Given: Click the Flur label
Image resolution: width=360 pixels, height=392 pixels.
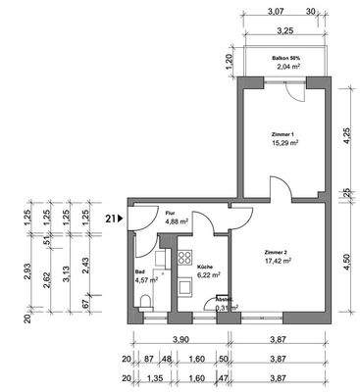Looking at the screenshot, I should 170,211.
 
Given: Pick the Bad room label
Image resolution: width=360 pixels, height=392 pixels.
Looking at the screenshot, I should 141,275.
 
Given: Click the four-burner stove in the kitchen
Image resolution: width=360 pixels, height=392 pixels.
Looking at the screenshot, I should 183,260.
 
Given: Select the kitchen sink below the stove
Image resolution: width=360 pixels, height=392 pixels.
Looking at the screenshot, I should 183,288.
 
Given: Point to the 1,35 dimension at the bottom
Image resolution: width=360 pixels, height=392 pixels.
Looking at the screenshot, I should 153,376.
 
